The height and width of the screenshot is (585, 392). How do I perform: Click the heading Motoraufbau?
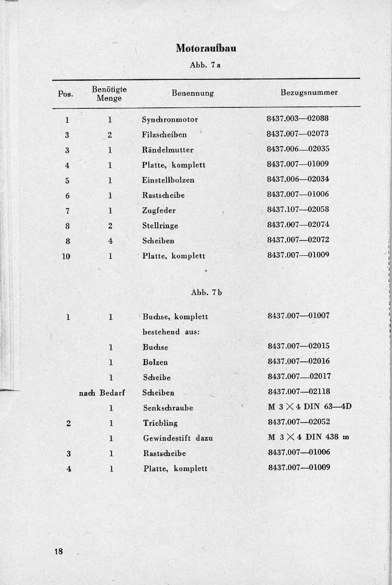point(206,48)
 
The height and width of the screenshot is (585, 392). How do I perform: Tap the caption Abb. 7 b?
point(206,293)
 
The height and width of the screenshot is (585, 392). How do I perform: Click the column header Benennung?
point(193,93)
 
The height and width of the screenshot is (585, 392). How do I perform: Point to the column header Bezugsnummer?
point(309,92)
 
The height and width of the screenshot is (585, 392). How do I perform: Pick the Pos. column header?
point(65,94)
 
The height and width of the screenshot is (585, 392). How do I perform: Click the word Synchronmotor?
point(170,120)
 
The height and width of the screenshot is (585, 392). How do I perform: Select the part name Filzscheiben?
point(164,134)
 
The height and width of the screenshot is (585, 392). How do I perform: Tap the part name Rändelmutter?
point(168,150)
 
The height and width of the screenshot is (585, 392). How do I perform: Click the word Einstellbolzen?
point(168,180)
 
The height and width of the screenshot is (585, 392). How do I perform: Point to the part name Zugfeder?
point(159,211)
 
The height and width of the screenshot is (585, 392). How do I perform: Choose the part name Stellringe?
point(160,226)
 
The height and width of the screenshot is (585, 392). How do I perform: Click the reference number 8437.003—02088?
point(298,119)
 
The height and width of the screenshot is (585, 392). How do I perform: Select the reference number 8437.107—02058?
point(298,210)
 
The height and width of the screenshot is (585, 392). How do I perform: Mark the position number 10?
point(66,256)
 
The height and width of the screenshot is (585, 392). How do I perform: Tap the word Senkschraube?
point(168,408)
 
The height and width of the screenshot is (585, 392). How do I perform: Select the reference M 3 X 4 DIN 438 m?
point(308,437)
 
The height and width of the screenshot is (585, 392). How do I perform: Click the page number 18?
point(58,551)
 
